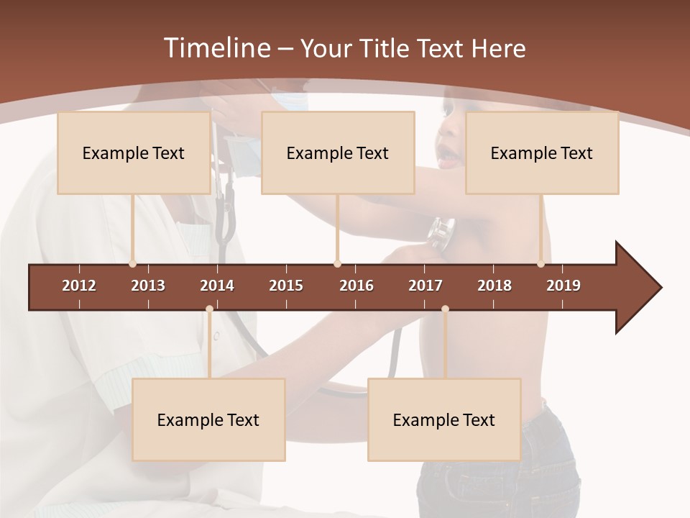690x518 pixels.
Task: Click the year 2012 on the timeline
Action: point(79,286)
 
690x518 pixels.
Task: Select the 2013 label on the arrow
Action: point(148,286)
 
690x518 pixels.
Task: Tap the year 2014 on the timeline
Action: point(217,286)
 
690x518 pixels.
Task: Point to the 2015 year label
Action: point(286,286)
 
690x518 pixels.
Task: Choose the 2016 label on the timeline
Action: point(356,286)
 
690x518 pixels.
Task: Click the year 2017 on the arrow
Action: point(425,286)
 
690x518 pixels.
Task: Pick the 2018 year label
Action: point(494,286)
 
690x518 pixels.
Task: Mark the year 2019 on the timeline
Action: point(563,286)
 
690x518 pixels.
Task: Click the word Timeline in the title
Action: point(216,48)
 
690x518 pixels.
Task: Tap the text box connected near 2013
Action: point(134,153)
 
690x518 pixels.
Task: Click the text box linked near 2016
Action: point(338,153)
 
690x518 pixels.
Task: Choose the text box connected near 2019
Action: point(542,153)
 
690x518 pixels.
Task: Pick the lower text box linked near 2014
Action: point(208,419)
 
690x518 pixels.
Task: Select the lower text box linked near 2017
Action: point(444,419)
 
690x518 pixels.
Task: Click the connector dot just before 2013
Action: point(132,264)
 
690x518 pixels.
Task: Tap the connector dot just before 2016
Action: point(338,264)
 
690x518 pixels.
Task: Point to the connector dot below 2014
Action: point(209,309)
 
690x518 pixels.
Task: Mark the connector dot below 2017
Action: point(445,309)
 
